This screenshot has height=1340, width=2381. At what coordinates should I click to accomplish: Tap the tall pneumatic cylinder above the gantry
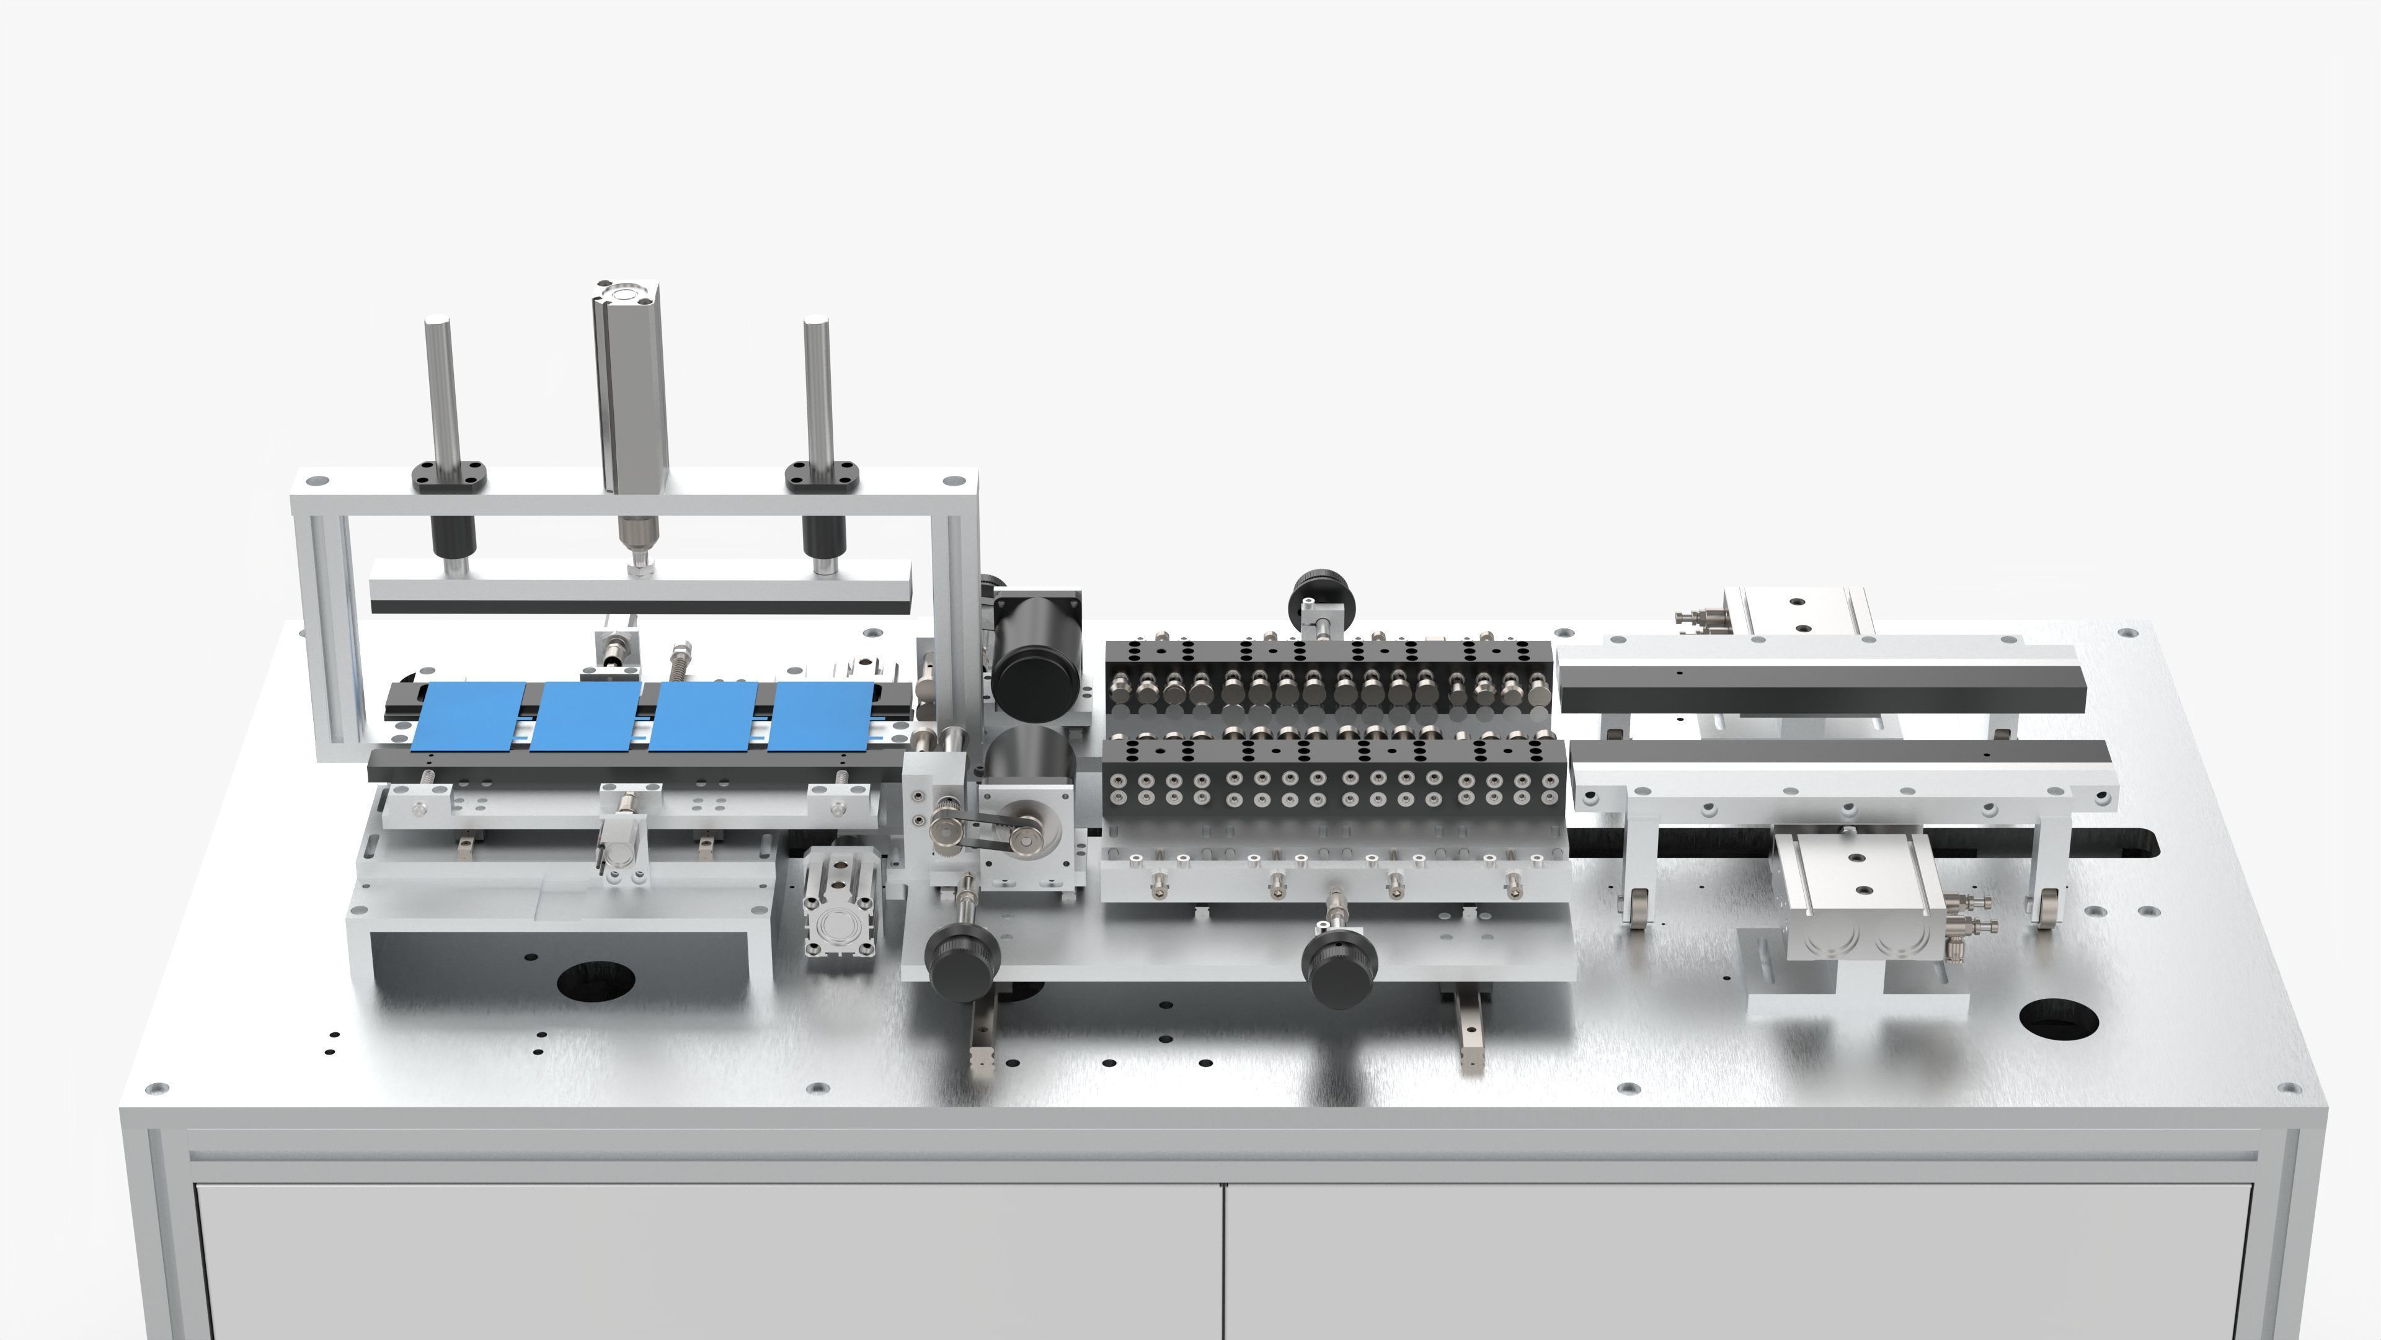[x=631, y=388]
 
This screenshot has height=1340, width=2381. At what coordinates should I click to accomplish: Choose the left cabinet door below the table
[x=707, y=1262]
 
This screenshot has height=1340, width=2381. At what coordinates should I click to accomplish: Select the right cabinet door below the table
[x=1737, y=1262]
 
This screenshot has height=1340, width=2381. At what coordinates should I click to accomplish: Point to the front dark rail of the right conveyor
[x=1839, y=763]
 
